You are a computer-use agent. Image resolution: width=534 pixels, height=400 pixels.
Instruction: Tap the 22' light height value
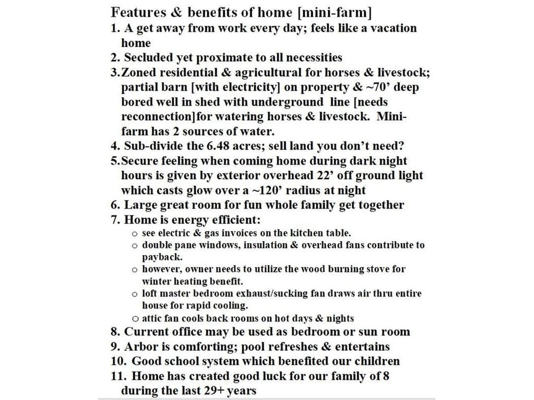pos(339,175)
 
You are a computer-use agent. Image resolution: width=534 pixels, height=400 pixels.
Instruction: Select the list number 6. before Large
pos(115,205)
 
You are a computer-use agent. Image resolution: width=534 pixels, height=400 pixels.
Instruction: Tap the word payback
pos(161,257)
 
